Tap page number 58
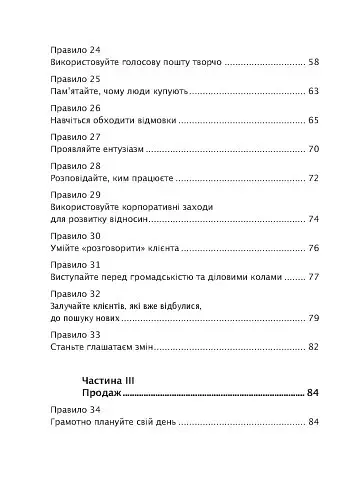tap(313, 63)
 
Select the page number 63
tap(313, 91)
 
